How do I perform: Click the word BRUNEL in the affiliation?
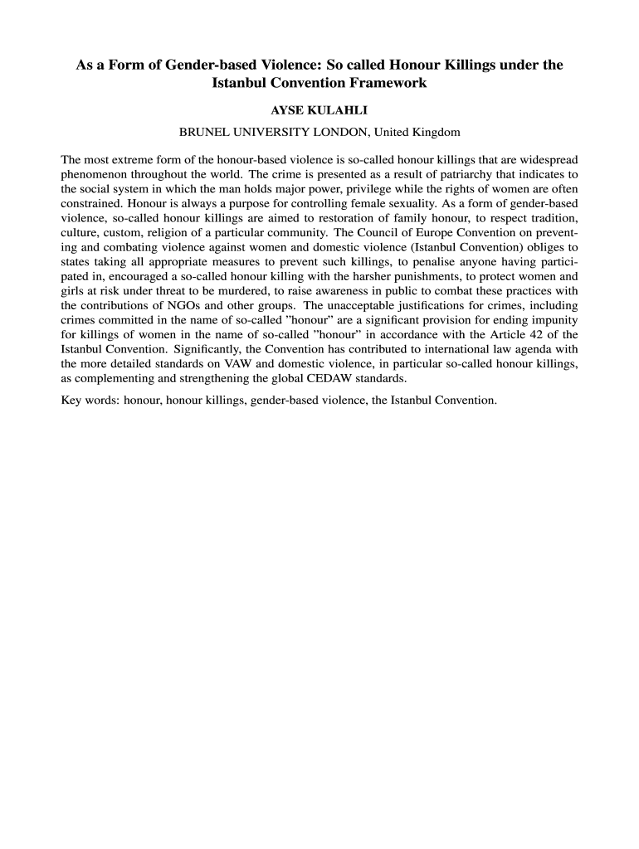coord(206,132)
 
